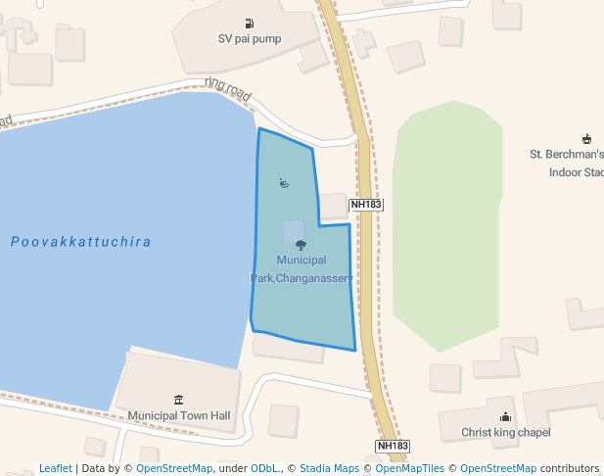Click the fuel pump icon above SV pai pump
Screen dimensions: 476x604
pos(250,24)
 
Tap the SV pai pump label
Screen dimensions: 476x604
pos(250,39)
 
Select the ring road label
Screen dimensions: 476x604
pos(228,90)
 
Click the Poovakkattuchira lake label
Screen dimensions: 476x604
pos(81,241)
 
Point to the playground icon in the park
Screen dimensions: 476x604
pos(283,182)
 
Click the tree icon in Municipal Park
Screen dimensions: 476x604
pos(301,245)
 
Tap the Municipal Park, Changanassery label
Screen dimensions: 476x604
pos(301,268)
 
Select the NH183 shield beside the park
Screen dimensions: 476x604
pos(365,205)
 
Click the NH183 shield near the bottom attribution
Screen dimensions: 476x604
pos(393,446)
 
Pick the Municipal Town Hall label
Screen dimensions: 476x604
pos(178,415)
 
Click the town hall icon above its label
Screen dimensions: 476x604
pos(178,399)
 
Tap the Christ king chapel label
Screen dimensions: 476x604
pos(506,432)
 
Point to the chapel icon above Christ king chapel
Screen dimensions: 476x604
pos(505,416)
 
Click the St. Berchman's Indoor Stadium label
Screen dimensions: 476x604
pos(567,163)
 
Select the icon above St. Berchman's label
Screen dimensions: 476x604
pos(586,138)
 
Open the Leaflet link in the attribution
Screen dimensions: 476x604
pos(56,468)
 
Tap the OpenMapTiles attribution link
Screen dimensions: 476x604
pos(409,468)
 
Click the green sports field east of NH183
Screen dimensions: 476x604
pos(446,225)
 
